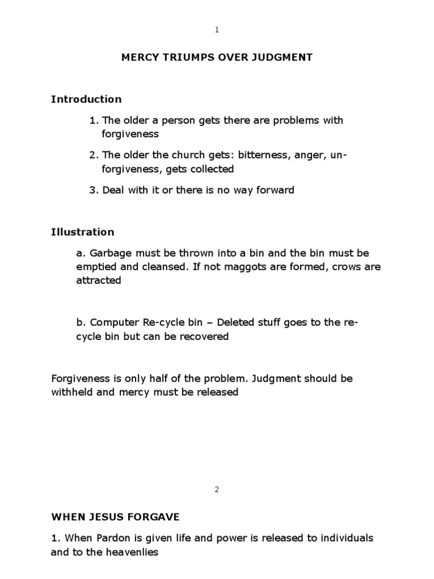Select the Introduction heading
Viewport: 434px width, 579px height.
point(86,99)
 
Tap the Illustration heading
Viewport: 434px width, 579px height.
point(83,232)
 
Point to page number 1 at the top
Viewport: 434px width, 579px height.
point(217,30)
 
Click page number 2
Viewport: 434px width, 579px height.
point(217,490)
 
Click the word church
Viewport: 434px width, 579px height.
point(170,155)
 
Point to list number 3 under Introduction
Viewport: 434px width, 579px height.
point(93,190)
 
